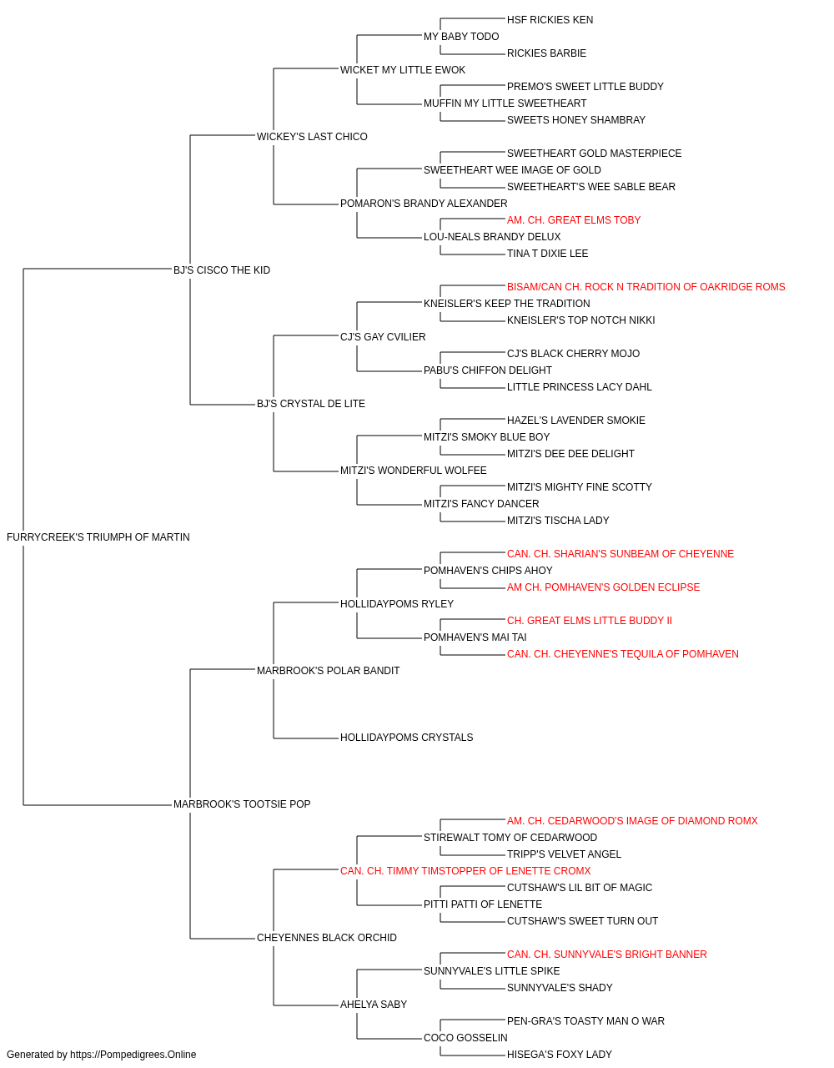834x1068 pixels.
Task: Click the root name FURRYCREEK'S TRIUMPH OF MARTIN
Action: coord(98,537)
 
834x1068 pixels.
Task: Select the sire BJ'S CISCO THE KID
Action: coord(222,270)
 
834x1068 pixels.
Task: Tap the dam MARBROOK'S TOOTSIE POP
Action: coord(242,804)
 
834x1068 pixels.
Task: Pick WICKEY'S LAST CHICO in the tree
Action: coord(312,137)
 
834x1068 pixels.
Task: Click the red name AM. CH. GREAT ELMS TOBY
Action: coord(574,220)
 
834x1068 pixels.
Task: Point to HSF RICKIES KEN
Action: coord(550,20)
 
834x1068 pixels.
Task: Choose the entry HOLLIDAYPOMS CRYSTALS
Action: coord(407,738)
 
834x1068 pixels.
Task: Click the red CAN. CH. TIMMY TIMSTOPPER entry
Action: coord(465,871)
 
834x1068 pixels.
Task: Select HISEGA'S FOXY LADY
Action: coord(560,1055)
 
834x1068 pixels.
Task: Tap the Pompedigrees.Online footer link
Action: coord(133,1055)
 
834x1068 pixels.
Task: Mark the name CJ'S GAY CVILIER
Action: coord(383,336)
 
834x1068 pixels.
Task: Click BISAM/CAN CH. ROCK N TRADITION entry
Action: coord(646,286)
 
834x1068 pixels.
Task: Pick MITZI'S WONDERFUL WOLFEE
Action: coord(414,471)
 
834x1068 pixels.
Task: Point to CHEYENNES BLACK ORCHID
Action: coord(327,938)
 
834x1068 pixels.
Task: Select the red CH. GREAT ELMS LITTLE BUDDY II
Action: coord(590,620)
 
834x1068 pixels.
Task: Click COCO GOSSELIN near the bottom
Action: coord(465,1037)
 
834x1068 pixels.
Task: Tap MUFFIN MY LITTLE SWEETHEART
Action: coord(505,103)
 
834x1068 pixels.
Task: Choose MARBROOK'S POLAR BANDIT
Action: coord(328,670)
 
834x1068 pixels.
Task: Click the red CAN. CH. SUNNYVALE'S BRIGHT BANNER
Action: coord(606,955)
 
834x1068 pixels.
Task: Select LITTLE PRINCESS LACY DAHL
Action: coord(580,387)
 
